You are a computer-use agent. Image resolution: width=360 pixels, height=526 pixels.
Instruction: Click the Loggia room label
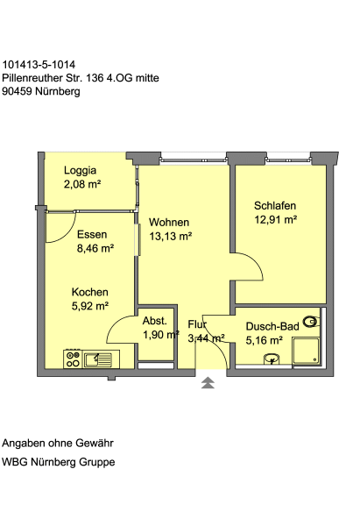[80, 170]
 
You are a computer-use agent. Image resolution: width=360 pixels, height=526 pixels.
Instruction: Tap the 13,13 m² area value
[170, 236]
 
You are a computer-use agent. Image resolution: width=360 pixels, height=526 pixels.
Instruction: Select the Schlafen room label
[275, 205]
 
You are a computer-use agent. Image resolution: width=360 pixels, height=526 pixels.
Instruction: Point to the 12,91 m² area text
[276, 220]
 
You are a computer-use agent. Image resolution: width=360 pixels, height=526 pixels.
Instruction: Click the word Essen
[92, 234]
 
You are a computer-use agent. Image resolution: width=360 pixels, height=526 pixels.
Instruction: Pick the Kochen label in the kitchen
[90, 292]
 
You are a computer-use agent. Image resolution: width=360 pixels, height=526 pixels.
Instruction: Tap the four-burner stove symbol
[73, 359]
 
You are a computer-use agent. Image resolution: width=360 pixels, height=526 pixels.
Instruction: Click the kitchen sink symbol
[97, 359]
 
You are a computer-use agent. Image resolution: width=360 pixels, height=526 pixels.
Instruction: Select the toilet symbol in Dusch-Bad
[311, 322]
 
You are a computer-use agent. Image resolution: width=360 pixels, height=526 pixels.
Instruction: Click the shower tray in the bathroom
[306, 352]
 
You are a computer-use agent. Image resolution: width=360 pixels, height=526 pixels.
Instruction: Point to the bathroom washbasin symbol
[272, 359]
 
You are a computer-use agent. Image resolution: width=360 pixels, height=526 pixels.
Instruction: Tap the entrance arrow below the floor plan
[208, 383]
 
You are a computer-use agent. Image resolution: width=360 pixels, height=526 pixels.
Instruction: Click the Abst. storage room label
[154, 321]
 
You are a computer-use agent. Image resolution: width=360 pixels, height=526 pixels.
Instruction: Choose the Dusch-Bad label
[272, 326]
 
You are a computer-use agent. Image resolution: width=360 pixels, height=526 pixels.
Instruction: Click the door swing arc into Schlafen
[255, 264]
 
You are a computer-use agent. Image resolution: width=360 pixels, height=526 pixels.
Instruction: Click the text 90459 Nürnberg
[41, 91]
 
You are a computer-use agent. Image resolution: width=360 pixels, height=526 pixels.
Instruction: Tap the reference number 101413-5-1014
[39, 64]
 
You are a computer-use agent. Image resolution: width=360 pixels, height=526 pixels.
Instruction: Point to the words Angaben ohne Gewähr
[58, 443]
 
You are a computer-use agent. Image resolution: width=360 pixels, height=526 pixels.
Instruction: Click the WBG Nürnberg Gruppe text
[59, 462]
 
